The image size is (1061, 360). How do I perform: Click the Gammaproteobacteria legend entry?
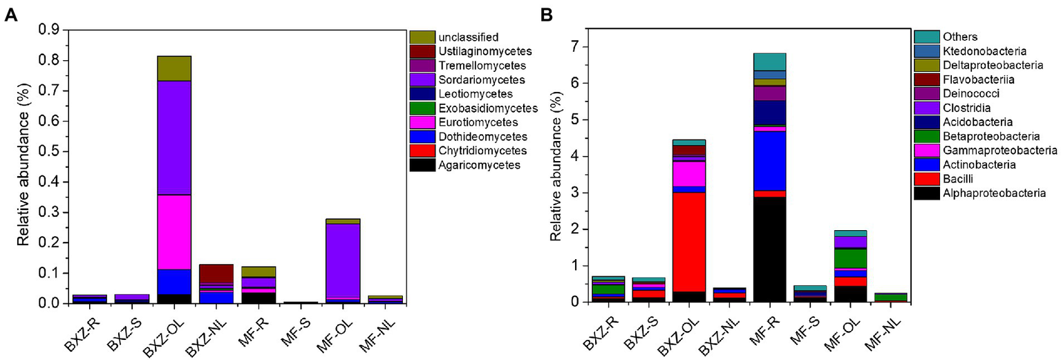[998, 151]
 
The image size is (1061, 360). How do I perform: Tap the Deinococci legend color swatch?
[926, 94]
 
